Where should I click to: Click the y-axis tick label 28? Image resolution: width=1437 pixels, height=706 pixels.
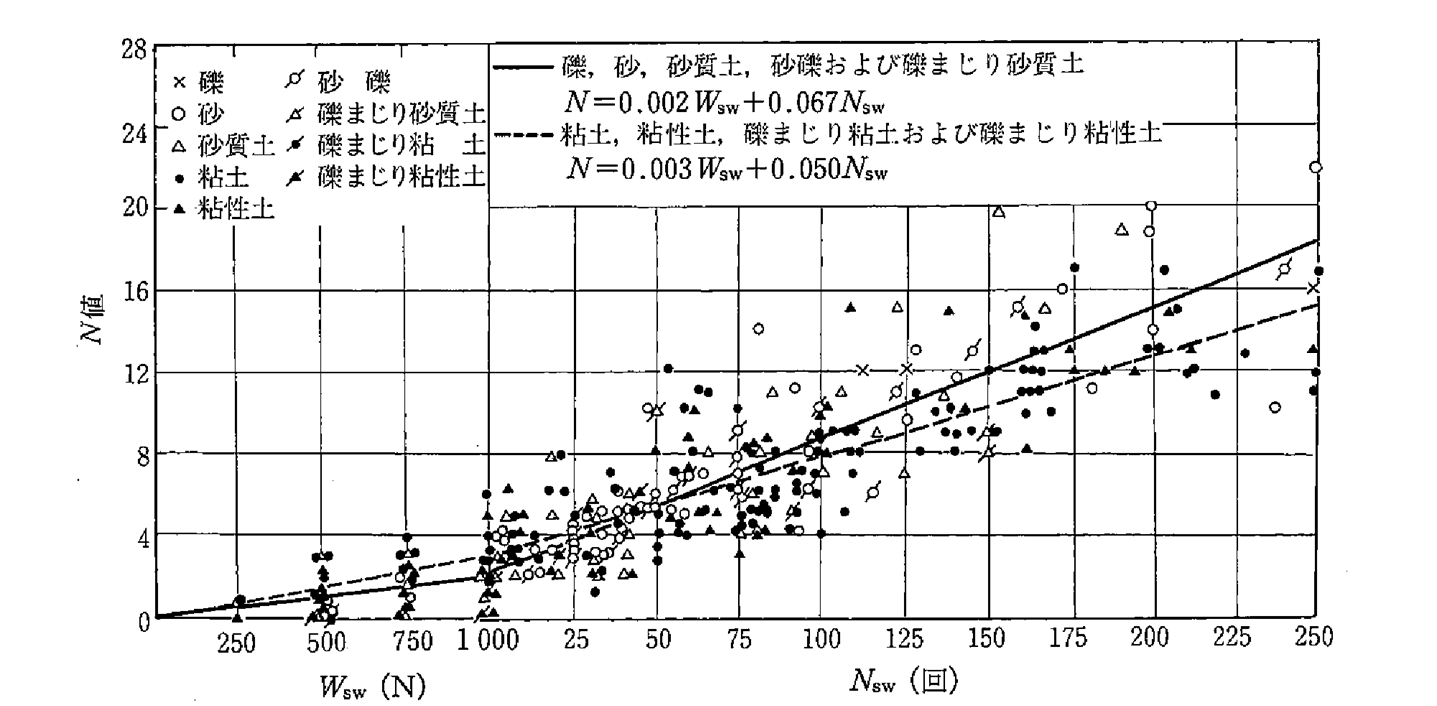coord(136,47)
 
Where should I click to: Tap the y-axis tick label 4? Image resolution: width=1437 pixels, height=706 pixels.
coord(141,537)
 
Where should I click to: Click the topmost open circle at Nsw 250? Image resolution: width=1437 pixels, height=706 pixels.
coord(1315,167)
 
